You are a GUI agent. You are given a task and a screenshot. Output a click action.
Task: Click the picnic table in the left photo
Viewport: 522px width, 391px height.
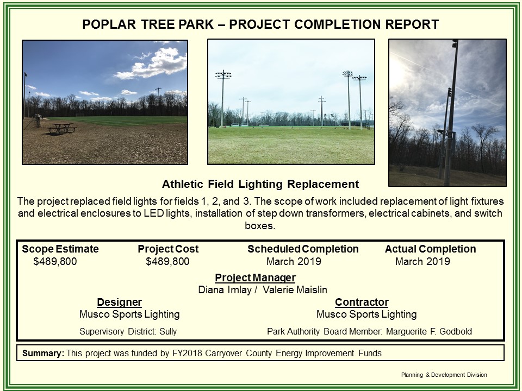point(61,128)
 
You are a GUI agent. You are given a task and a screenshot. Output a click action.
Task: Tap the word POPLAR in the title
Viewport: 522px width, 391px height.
point(108,24)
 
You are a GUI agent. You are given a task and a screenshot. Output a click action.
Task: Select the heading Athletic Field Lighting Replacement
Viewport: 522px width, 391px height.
point(260,184)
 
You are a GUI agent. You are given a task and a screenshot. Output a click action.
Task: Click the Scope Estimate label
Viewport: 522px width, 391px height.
point(60,249)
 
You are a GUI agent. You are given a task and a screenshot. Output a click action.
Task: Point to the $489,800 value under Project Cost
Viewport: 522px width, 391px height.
point(167,262)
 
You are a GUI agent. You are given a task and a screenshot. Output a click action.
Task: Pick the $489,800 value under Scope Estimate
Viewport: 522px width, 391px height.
point(55,262)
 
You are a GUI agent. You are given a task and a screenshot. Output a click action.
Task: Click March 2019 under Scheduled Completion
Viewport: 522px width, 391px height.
point(294,262)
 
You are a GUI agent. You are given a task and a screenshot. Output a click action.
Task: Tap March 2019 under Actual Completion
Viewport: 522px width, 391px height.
point(422,262)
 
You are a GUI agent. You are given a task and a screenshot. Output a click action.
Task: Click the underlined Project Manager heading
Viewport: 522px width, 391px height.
point(255,278)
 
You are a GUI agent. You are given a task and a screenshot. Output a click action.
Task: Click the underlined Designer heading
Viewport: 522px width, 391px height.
point(119,302)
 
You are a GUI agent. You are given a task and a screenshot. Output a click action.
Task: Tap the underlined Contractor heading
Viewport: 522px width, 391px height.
point(362,302)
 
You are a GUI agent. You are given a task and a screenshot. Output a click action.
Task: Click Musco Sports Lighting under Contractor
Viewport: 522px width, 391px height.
point(366,314)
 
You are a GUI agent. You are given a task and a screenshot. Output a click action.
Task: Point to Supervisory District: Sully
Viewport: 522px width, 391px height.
point(128,331)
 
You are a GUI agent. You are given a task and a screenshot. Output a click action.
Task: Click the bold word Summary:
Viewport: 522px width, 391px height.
point(43,354)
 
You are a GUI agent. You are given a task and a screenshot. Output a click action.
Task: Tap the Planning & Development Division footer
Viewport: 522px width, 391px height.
point(444,375)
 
